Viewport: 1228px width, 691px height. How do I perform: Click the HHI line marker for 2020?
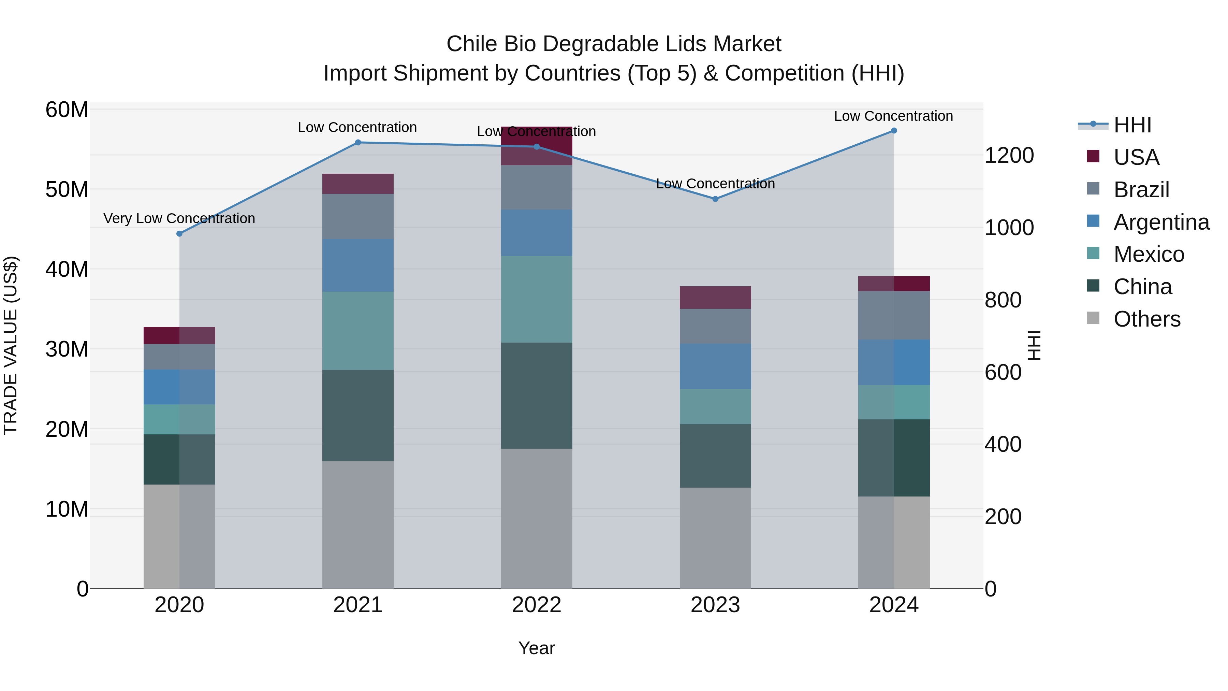179,234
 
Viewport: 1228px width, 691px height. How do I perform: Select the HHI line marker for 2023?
715,199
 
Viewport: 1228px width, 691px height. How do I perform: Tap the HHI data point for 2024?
894,131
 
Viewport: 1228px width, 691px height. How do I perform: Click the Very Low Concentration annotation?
179,218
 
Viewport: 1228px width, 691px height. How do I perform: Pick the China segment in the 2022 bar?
536,395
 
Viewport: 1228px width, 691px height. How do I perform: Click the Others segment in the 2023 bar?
715,537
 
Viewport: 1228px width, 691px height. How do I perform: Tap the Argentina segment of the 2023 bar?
715,366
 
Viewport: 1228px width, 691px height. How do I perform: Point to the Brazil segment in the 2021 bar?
358,216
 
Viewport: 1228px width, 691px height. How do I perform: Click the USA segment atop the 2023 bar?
715,297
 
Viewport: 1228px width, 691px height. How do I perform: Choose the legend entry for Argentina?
1161,222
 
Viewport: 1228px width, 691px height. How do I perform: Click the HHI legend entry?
1132,125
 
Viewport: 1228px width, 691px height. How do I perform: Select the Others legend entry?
1147,319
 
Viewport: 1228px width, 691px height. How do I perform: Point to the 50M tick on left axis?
67,189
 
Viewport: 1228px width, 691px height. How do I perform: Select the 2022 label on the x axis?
536,605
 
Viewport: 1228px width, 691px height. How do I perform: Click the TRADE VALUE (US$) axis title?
11,345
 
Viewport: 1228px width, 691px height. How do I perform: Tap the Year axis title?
536,648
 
